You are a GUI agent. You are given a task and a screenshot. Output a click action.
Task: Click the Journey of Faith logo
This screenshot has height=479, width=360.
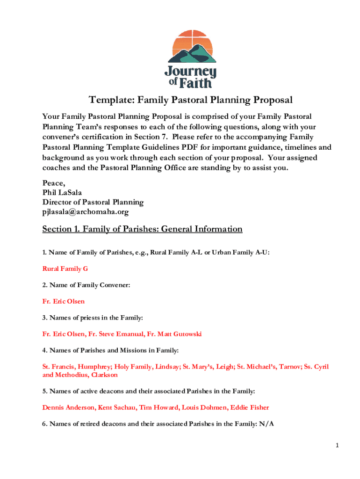tap(191, 59)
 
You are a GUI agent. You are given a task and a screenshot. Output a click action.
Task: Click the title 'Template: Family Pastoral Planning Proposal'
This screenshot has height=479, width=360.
tap(191, 100)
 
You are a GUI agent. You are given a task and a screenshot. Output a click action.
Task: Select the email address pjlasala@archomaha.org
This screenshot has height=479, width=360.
tap(86, 212)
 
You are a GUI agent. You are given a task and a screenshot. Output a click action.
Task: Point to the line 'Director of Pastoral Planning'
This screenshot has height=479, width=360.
tap(93, 202)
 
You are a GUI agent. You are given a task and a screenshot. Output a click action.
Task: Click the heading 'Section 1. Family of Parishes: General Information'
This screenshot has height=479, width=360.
tap(142, 229)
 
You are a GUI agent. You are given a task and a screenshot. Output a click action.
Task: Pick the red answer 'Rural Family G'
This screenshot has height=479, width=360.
tap(65, 269)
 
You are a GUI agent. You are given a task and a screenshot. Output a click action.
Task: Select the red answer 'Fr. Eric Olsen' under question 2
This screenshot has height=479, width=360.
tap(64, 302)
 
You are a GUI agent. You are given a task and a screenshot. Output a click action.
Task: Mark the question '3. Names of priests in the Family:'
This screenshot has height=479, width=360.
tap(93, 318)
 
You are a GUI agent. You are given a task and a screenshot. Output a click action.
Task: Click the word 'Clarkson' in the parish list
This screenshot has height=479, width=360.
tap(105, 375)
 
